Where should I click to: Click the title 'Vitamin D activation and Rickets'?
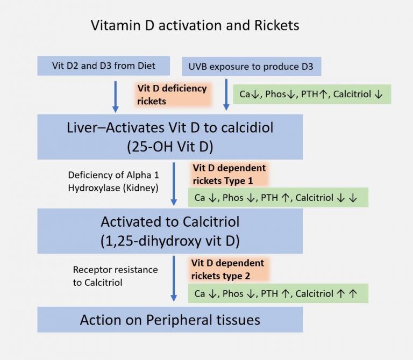pos(195,25)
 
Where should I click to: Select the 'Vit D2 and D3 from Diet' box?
pos(104,66)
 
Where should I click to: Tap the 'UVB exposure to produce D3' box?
pos(252,67)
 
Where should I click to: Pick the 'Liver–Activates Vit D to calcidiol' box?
pos(170,136)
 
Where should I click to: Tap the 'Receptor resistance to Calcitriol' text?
pos(115,276)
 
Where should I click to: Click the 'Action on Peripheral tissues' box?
pos(170,320)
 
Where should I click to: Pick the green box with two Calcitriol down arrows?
pos(277,197)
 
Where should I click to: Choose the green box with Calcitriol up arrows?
pos(277,293)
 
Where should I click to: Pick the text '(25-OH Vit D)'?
pos(170,146)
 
